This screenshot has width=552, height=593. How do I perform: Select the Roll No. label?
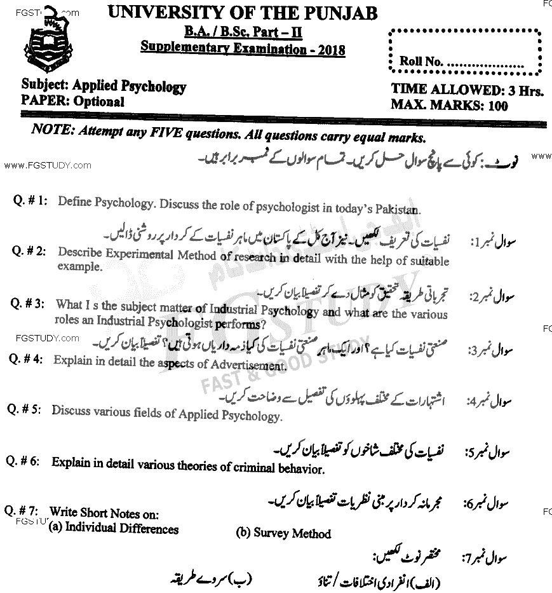click(421, 62)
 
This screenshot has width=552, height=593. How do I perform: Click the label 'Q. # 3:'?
click(27, 304)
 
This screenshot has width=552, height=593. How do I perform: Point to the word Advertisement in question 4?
click(245, 365)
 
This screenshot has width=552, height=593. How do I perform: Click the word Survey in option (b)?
click(270, 533)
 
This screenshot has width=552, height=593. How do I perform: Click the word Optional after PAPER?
click(98, 101)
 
